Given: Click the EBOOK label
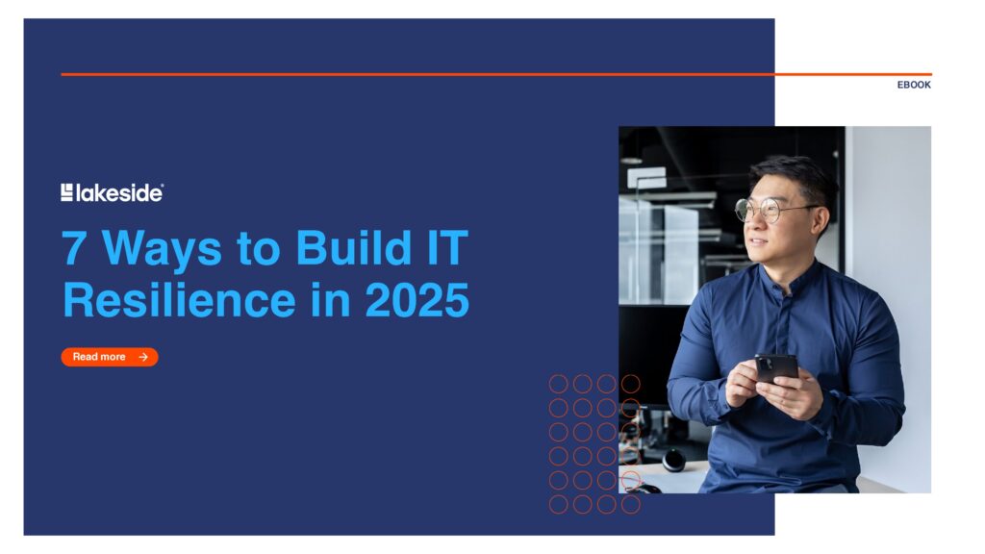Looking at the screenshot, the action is [914, 85].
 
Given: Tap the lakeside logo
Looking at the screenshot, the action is [112, 192].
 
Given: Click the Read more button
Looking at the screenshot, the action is [110, 357].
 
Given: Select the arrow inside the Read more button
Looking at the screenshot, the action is [143, 357].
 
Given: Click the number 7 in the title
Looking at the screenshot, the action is [73, 248].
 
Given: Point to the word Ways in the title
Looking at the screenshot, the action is [162, 249].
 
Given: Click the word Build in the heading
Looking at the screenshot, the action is [354, 247].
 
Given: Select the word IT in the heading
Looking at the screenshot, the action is [447, 247].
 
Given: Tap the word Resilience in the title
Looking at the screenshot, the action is [179, 300].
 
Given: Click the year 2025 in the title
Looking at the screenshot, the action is [417, 300].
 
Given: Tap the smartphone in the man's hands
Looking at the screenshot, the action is [776, 368].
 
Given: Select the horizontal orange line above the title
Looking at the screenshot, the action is [496, 74].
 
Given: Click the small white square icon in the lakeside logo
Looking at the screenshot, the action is [66, 192].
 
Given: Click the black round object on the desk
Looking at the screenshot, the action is [673, 461].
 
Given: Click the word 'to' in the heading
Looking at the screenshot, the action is [258, 249].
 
